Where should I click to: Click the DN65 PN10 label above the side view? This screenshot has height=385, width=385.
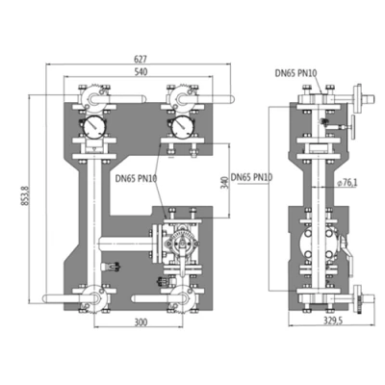tap(296, 72)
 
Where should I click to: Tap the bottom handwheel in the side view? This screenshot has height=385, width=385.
tap(361, 296)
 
